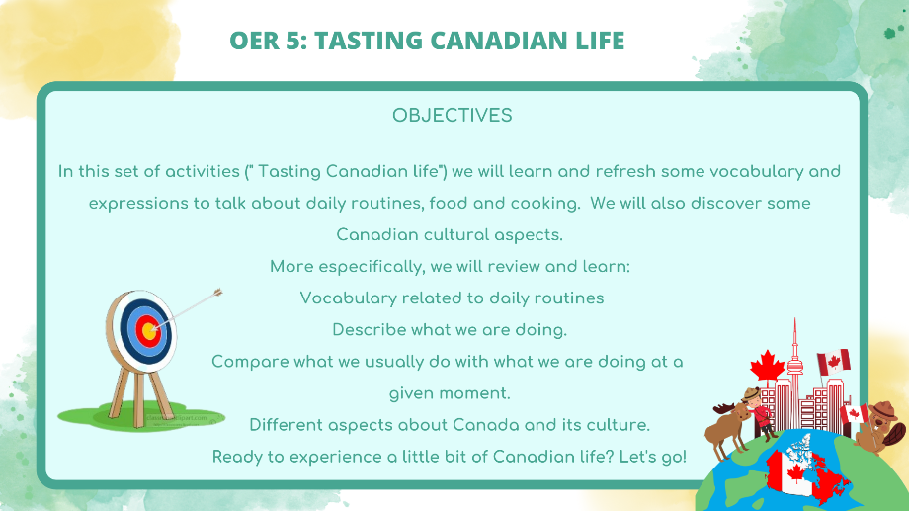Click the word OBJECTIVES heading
[453, 116]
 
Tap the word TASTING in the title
[369, 41]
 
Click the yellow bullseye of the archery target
[149, 332]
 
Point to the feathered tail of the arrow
[216, 292]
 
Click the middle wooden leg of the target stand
[139, 399]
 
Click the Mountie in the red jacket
[760, 413]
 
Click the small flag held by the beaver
[854, 414]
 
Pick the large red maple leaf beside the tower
[767, 367]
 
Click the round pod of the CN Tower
[794, 365]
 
